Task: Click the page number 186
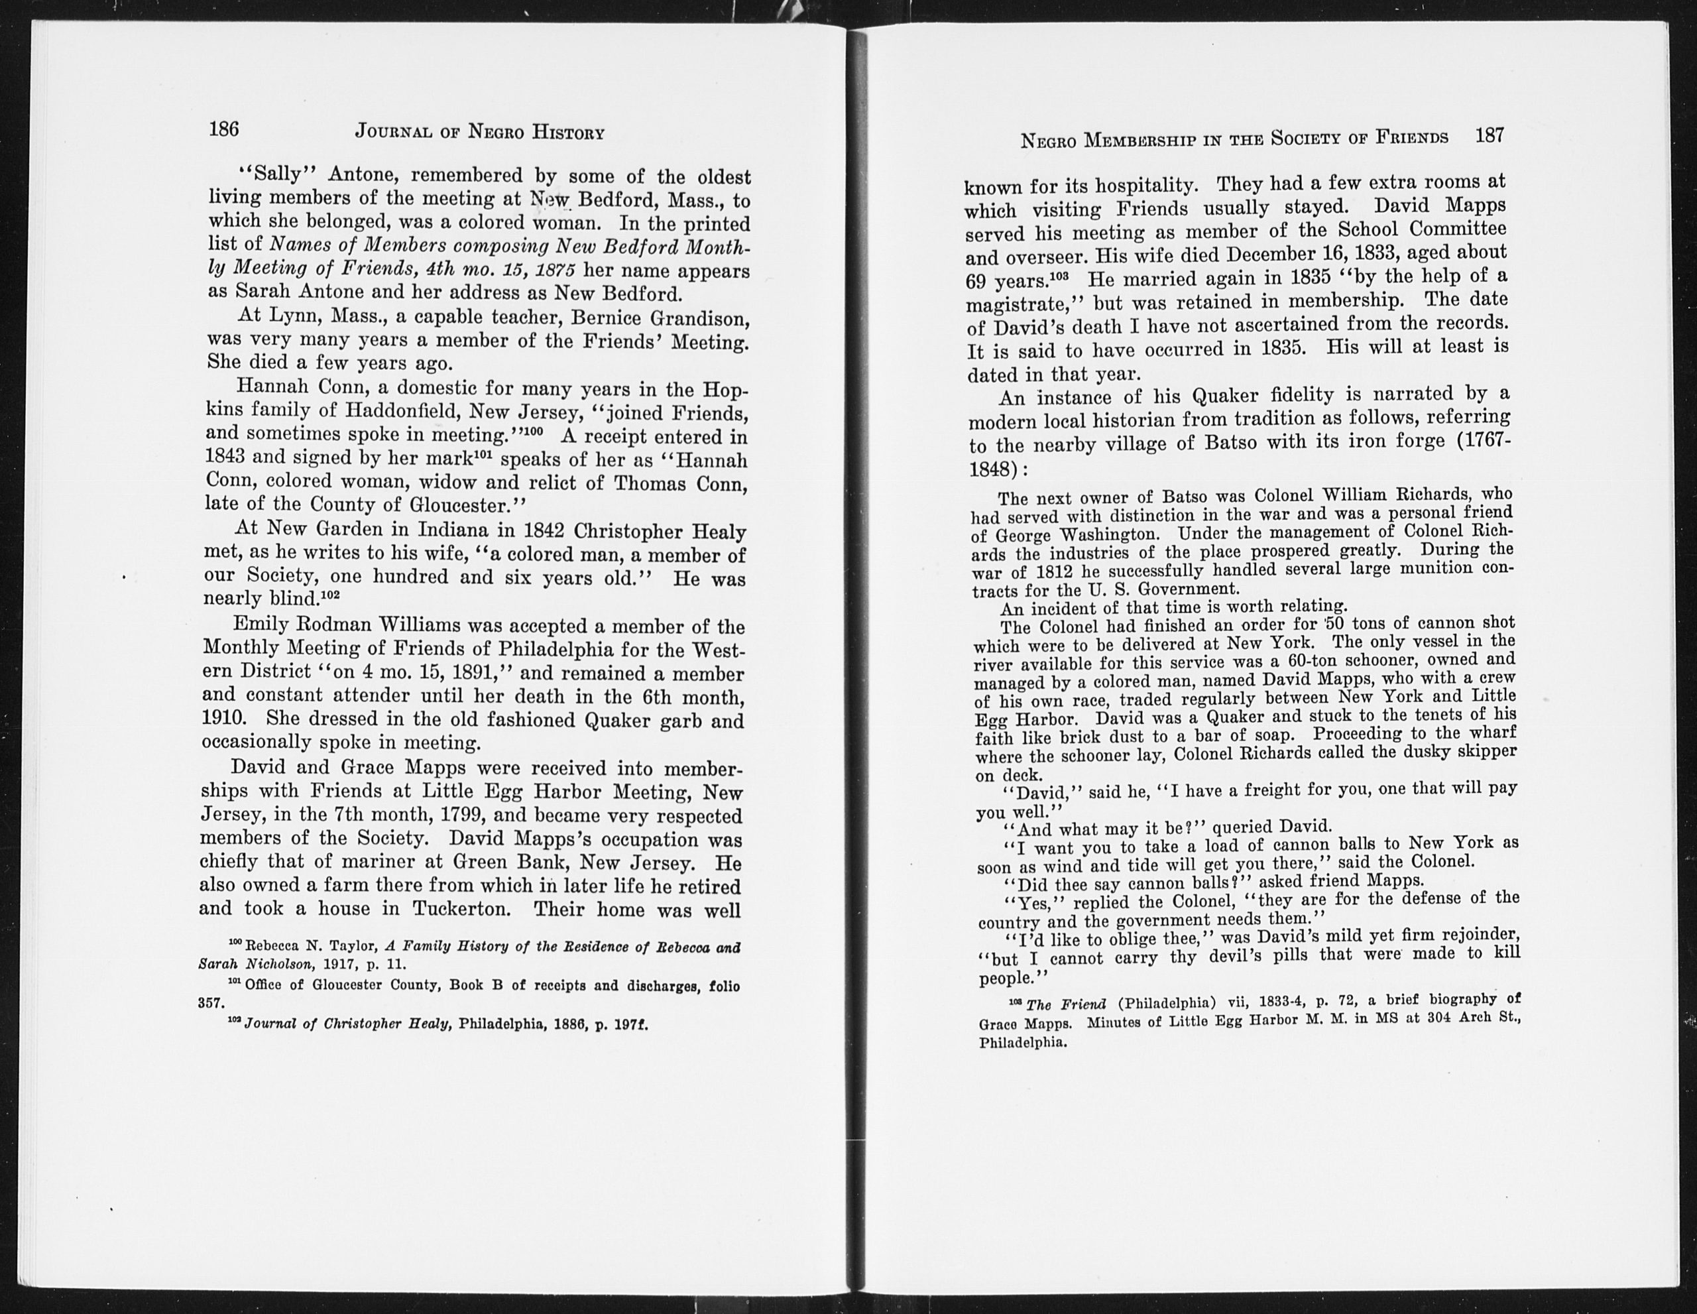pos(224,129)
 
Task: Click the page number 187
pos(1490,135)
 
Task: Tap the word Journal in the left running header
pos(392,131)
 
